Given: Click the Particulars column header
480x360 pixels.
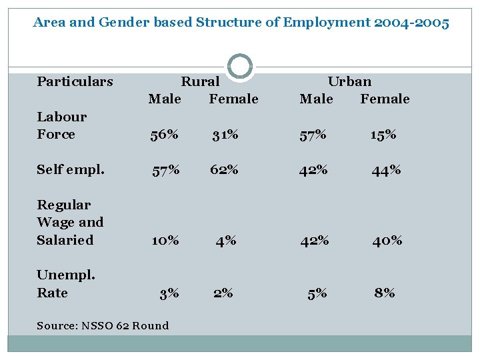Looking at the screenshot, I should pyautogui.click(x=75, y=82).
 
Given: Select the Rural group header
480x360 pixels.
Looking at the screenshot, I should pyautogui.click(x=200, y=82).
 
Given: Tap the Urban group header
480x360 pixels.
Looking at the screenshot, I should pyautogui.click(x=349, y=82).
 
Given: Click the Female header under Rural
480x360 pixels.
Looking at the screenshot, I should pyautogui.click(x=233, y=99).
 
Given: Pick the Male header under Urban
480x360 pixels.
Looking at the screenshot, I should pyautogui.click(x=316, y=99).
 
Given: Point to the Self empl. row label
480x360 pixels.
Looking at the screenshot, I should pyautogui.click(x=71, y=169).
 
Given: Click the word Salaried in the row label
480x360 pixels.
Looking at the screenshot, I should pyautogui.click(x=65, y=240).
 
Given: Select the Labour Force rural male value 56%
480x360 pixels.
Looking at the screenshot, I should pyautogui.click(x=164, y=135).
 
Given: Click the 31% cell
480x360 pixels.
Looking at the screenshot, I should pyautogui.click(x=225, y=135).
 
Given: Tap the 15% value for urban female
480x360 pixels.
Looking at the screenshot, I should pyautogui.click(x=383, y=135).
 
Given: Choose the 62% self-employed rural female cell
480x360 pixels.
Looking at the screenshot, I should pyautogui.click(x=224, y=169).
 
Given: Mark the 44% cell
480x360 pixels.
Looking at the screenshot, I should pyautogui.click(x=387, y=170).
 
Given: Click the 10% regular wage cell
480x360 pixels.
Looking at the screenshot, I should pyautogui.click(x=165, y=240).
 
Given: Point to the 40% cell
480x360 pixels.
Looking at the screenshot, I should pyautogui.click(x=387, y=240).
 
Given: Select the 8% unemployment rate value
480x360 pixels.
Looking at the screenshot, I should pyautogui.click(x=385, y=293).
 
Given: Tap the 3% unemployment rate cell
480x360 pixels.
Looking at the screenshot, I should pyautogui.click(x=169, y=293).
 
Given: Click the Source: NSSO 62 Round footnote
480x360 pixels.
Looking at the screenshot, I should pyautogui.click(x=103, y=325).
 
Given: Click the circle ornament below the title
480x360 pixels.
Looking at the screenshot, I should pyautogui.click(x=240, y=67).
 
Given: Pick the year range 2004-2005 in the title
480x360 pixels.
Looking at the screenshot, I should pyautogui.click(x=412, y=23).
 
